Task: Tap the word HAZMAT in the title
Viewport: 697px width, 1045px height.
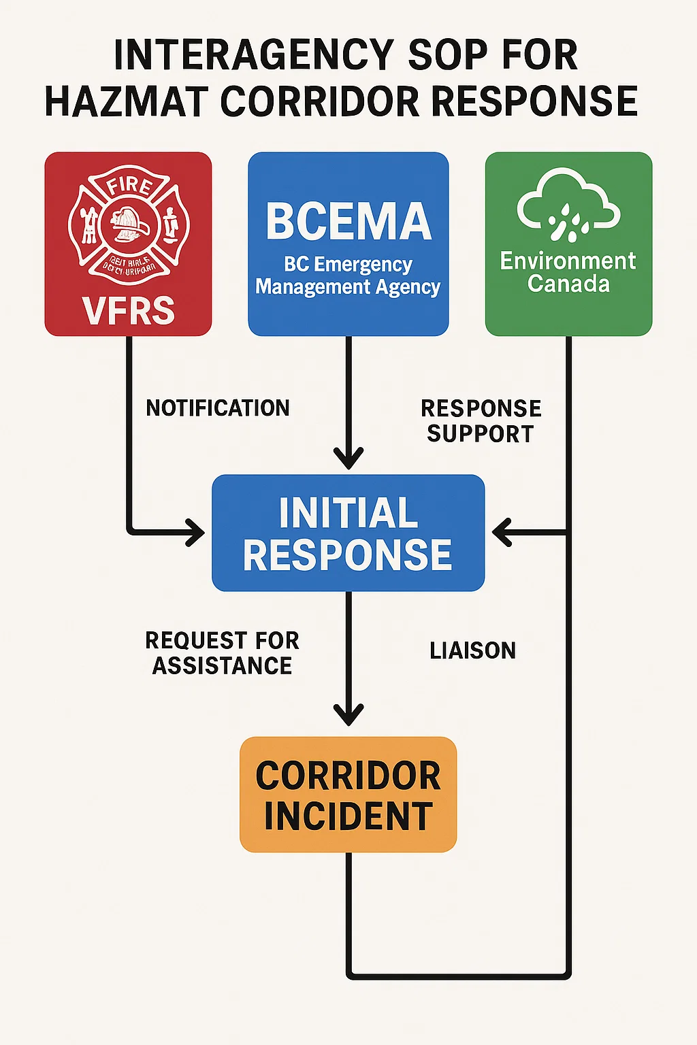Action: click(x=126, y=102)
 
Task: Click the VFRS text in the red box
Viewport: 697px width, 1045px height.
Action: click(x=129, y=310)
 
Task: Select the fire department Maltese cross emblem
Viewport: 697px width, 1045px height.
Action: click(x=129, y=224)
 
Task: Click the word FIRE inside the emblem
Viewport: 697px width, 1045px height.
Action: click(x=129, y=184)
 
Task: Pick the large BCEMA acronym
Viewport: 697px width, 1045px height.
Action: click(x=348, y=222)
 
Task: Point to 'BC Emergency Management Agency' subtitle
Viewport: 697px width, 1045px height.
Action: click(x=348, y=276)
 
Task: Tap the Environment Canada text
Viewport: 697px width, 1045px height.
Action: click(x=568, y=271)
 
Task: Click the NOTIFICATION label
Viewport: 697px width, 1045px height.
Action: click(x=218, y=408)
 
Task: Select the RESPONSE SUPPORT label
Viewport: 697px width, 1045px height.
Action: click(x=481, y=420)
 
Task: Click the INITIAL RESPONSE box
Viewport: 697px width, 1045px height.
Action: click(x=348, y=533)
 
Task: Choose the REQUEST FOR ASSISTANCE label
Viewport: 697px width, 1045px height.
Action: click(x=222, y=653)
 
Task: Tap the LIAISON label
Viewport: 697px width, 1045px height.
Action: click(x=472, y=650)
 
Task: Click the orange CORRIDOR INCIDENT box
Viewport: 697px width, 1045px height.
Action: click(x=348, y=795)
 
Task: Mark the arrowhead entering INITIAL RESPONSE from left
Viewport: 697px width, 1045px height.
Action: click(x=196, y=532)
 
